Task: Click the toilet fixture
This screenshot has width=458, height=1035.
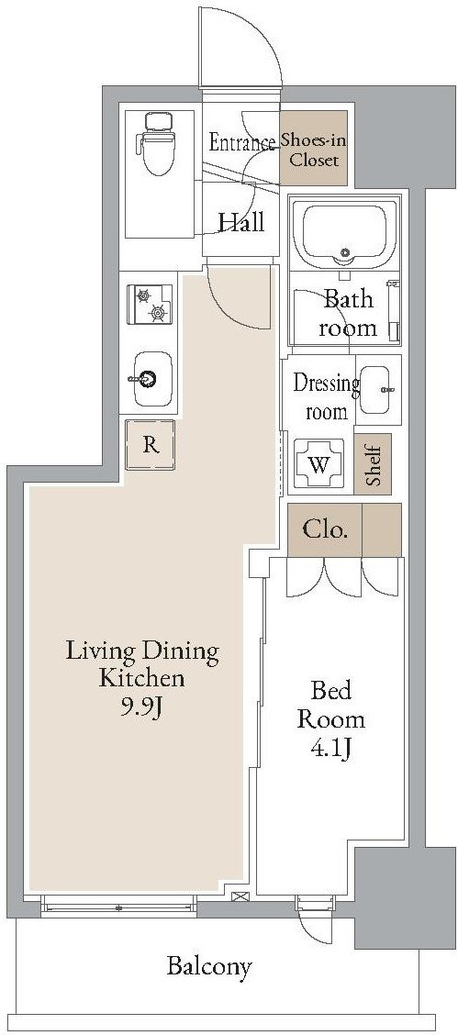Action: (x=156, y=143)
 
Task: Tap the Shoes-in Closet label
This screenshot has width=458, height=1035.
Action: (x=314, y=150)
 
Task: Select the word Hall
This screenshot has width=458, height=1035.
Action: (x=241, y=222)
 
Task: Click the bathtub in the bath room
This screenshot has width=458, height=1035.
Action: (x=343, y=234)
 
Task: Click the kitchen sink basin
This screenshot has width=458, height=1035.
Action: (x=152, y=379)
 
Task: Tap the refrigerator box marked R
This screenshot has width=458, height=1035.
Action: (x=151, y=445)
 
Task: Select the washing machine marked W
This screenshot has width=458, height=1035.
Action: (x=318, y=464)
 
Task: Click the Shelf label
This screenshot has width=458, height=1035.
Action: (x=373, y=464)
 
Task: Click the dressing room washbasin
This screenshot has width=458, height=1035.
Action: (x=378, y=389)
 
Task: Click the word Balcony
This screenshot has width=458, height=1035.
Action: (x=209, y=967)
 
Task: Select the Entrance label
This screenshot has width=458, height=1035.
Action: (x=242, y=142)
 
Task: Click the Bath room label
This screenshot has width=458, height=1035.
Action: (x=348, y=314)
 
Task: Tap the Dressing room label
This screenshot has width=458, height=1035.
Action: (x=327, y=396)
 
